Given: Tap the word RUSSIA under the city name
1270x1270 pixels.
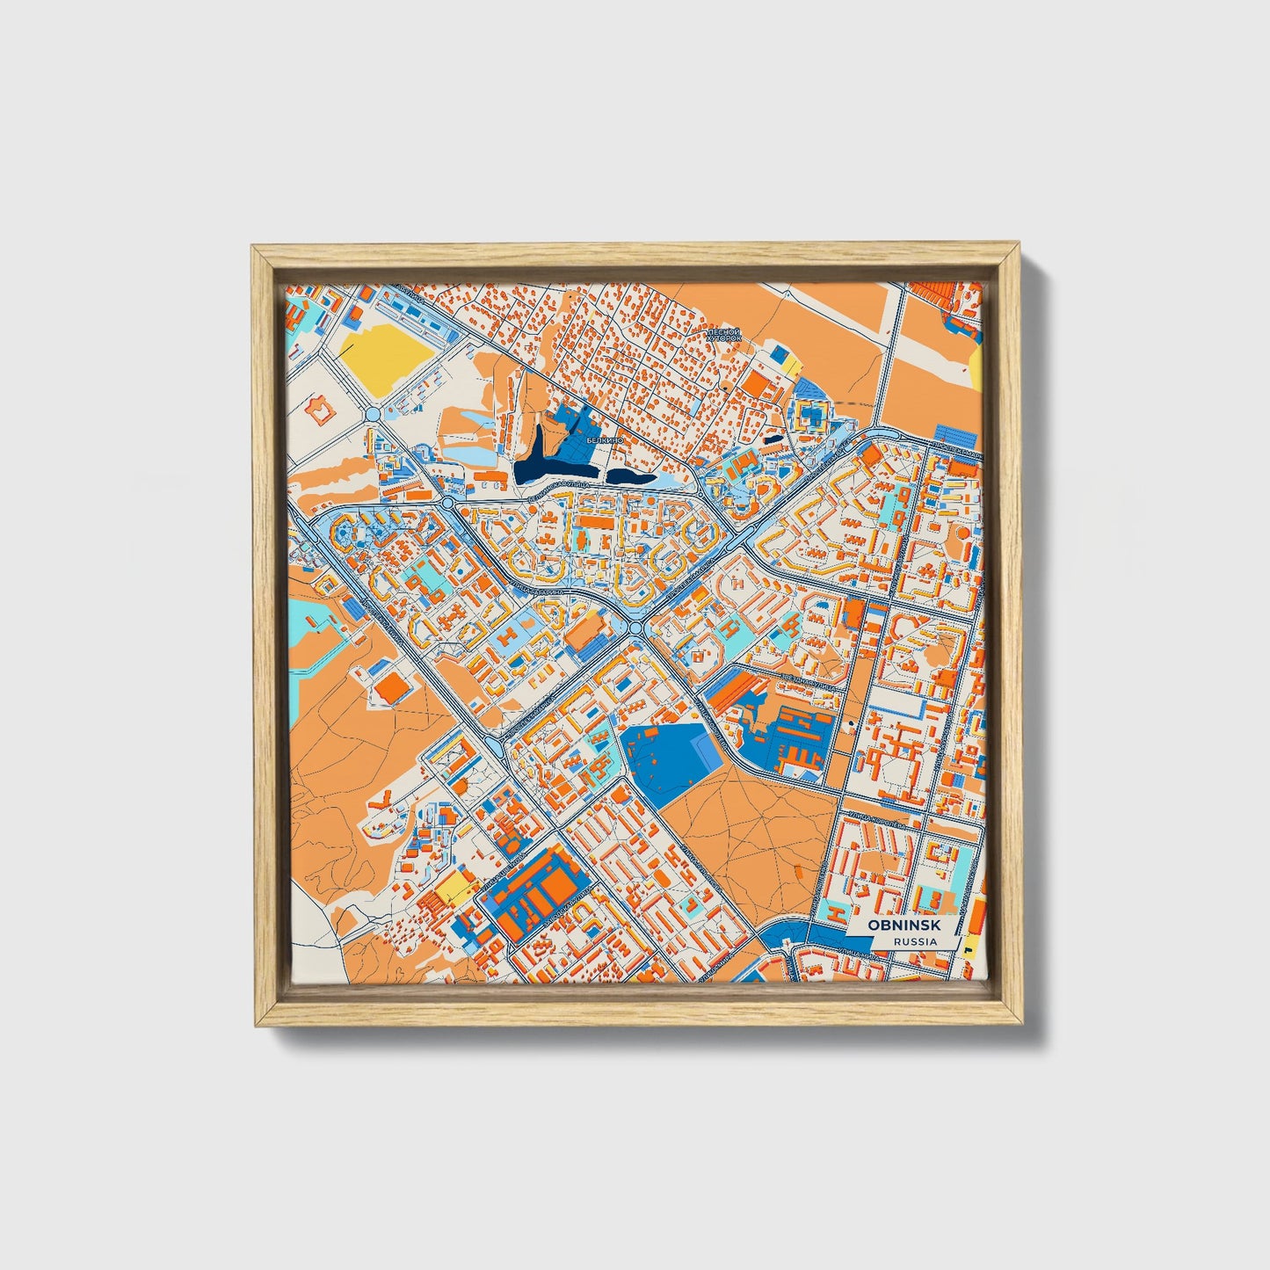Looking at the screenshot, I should pyautogui.click(x=914, y=941).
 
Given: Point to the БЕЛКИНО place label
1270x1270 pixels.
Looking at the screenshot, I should pyautogui.click(x=606, y=439).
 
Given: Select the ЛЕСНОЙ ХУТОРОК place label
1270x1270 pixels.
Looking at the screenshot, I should pyautogui.click(x=724, y=335).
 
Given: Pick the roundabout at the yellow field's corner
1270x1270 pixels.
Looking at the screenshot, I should pyautogui.click(x=372, y=413).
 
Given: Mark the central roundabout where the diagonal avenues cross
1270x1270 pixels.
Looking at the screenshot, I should pyautogui.click(x=635, y=627).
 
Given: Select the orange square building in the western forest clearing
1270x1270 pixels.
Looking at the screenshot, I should pyautogui.click(x=393, y=690).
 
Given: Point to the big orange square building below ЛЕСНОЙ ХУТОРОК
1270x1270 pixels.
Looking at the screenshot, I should pyautogui.click(x=756, y=382).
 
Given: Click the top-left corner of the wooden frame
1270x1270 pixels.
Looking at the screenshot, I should pyautogui.click(x=255, y=250).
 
